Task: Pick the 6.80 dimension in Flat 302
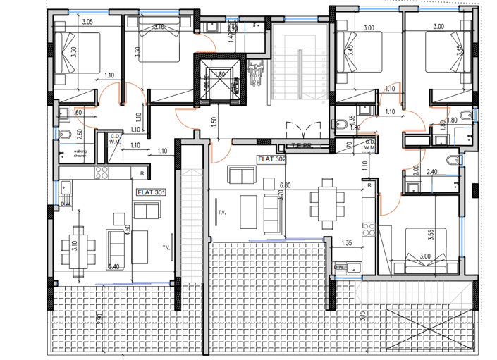click(x=286, y=185)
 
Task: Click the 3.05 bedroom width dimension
click(x=87, y=23)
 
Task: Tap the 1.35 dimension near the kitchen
click(x=346, y=243)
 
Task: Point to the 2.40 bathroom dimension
click(x=433, y=171)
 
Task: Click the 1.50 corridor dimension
click(x=213, y=121)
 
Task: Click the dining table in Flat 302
click(x=325, y=204)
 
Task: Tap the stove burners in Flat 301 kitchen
click(x=102, y=173)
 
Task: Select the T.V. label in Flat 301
click(x=166, y=247)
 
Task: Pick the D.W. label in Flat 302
click(x=340, y=267)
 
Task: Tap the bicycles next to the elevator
click(x=254, y=72)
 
